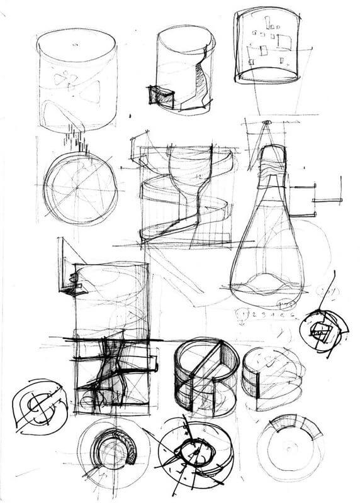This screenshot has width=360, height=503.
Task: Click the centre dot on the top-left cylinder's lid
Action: (x=76, y=44)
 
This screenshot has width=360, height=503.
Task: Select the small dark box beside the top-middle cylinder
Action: (x=160, y=95)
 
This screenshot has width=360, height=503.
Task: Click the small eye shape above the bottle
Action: (x=266, y=122)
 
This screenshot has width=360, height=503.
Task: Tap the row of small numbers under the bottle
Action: (x=264, y=312)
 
